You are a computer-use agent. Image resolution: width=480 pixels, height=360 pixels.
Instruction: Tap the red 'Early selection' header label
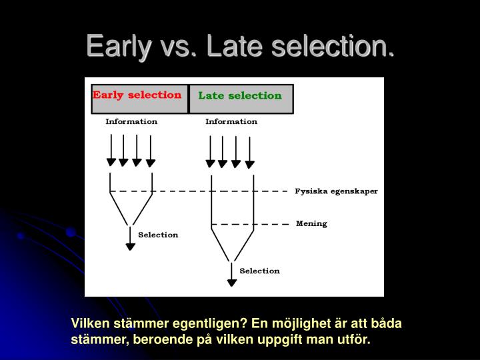tap(137, 95)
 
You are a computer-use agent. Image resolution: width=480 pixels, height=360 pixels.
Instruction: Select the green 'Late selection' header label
tap(240, 95)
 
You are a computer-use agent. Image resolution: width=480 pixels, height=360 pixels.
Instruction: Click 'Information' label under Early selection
tap(131, 122)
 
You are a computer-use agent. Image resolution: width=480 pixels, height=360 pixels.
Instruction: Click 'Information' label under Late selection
tap(231, 122)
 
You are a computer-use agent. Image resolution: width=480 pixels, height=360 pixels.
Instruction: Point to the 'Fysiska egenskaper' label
tap(336, 191)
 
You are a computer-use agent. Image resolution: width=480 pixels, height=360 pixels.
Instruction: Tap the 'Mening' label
tap(311, 224)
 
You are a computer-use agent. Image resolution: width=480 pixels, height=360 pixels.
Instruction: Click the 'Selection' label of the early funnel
tap(158, 235)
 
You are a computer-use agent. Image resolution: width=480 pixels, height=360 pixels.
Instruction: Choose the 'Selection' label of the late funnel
tap(259, 271)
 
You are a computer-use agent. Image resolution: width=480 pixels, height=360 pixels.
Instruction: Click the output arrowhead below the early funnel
tap(131, 246)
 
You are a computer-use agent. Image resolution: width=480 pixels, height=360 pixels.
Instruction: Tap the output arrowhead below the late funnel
tap(231, 282)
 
